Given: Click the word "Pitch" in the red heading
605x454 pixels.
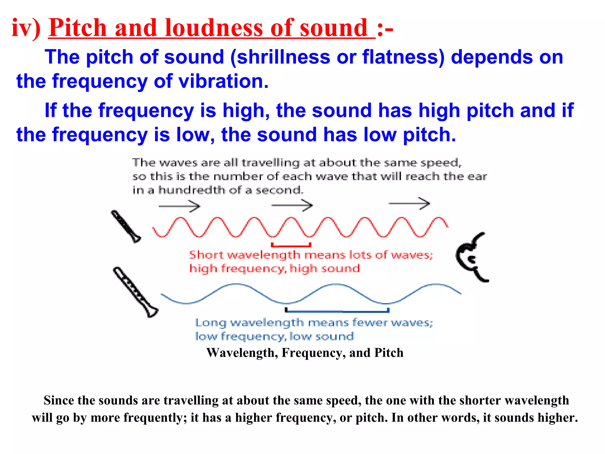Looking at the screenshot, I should (77, 28).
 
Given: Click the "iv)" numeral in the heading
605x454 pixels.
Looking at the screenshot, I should (26, 28).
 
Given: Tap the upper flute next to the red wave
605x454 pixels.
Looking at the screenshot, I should (126, 226).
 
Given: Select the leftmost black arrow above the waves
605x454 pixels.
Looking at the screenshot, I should (179, 206).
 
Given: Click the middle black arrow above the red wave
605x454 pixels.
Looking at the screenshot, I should (292, 205).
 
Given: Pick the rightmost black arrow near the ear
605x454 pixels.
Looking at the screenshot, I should (409, 204).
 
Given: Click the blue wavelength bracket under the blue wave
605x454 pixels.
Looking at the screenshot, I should (337, 311).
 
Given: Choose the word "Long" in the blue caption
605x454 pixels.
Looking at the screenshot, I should (211, 323).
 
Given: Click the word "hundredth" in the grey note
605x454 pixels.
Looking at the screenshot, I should (192, 190).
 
